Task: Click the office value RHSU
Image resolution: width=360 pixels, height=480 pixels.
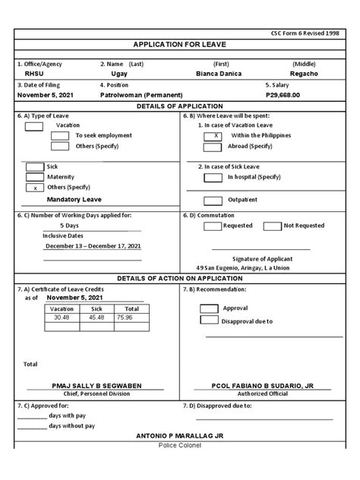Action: click(x=35, y=74)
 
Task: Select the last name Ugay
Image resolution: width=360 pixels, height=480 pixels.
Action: click(x=119, y=74)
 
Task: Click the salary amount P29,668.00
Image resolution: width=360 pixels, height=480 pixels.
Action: click(x=283, y=96)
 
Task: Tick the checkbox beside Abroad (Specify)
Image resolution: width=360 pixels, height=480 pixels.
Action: click(x=214, y=146)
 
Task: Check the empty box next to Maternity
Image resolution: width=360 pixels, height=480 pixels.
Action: click(x=35, y=176)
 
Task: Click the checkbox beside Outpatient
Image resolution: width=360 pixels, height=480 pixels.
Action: click(x=214, y=201)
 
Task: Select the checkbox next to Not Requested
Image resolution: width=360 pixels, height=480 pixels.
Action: click(x=272, y=226)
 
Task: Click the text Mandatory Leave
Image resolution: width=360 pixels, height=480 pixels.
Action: click(x=74, y=199)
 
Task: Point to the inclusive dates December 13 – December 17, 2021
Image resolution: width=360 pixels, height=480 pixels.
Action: click(x=93, y=246)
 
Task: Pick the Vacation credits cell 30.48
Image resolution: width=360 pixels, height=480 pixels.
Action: click(x=62, y=317)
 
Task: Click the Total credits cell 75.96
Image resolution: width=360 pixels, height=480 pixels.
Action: click(x=125, y=317)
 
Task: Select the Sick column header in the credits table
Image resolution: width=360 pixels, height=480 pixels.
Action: click(x=96, y=309)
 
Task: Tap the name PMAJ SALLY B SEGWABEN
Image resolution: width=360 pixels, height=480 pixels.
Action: click(x=96, y=386)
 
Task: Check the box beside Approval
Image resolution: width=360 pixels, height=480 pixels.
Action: click(x=209, y=308)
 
